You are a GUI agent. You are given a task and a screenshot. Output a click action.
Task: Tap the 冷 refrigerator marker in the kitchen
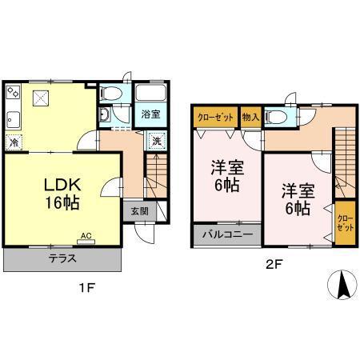[x=14, y=142]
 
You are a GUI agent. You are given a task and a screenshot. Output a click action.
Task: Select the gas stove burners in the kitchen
[x=13, y=95]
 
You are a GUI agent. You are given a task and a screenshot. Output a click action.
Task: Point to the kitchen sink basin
[x=13, y=121]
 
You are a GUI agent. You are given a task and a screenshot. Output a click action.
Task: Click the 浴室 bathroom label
[x=150, y=114]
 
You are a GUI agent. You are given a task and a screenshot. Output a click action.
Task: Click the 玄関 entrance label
[x=139, y=210]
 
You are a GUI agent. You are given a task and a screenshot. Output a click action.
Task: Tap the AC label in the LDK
[x=86, y=236]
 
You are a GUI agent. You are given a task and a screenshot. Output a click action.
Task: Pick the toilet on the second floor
[x=277, y=117]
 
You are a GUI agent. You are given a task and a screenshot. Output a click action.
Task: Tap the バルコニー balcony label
[x=226, y=237]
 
